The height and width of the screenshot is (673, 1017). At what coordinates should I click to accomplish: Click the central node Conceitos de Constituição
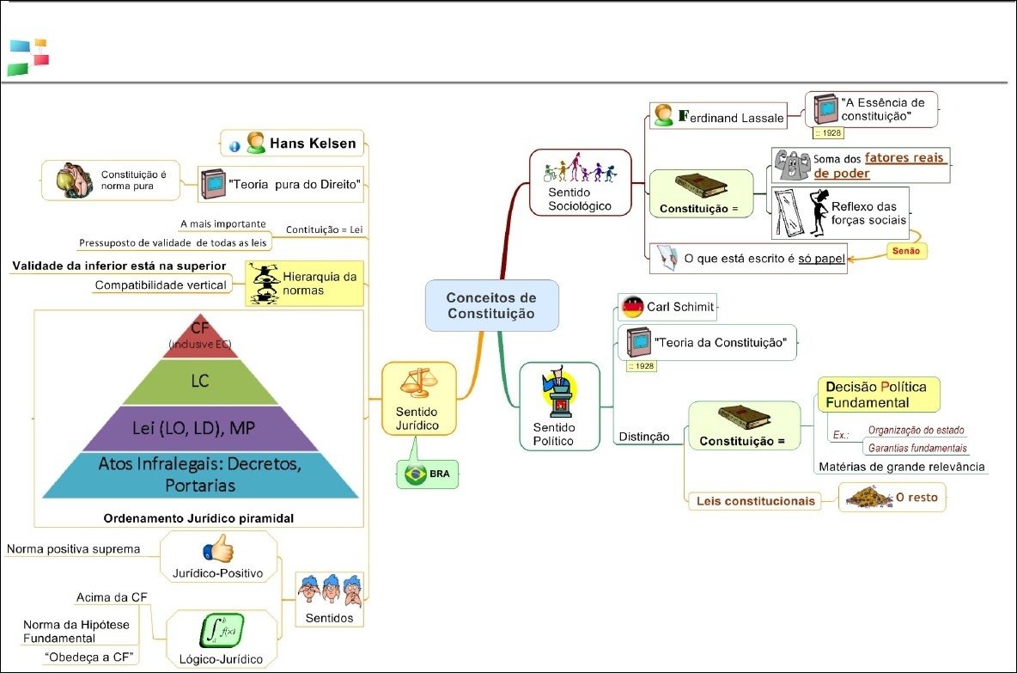(x=491, y=305)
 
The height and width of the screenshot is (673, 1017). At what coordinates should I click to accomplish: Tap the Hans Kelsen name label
(x=313, y=144)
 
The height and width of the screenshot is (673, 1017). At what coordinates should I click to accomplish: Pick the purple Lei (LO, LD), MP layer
(x=200, y=427)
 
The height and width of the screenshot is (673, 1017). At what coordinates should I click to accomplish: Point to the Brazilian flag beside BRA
(x=416, y=474)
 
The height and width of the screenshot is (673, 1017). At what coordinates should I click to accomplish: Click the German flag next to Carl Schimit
(x=633, y=307)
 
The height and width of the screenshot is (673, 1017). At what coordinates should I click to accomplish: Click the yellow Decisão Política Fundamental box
(x=877, y=394)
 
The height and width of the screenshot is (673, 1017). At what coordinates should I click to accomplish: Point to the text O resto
(x=917, y=497)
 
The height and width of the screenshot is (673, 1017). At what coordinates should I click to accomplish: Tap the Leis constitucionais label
(x=755, y=500)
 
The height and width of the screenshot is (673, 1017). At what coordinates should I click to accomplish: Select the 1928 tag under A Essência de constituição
(x=827, y=133)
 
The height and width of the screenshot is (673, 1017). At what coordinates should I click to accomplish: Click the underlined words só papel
(x=821, y=258)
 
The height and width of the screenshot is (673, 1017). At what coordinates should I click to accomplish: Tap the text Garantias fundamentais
(x=917, y=448)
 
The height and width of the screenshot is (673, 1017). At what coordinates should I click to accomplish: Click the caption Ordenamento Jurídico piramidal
(x=198, y=518)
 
